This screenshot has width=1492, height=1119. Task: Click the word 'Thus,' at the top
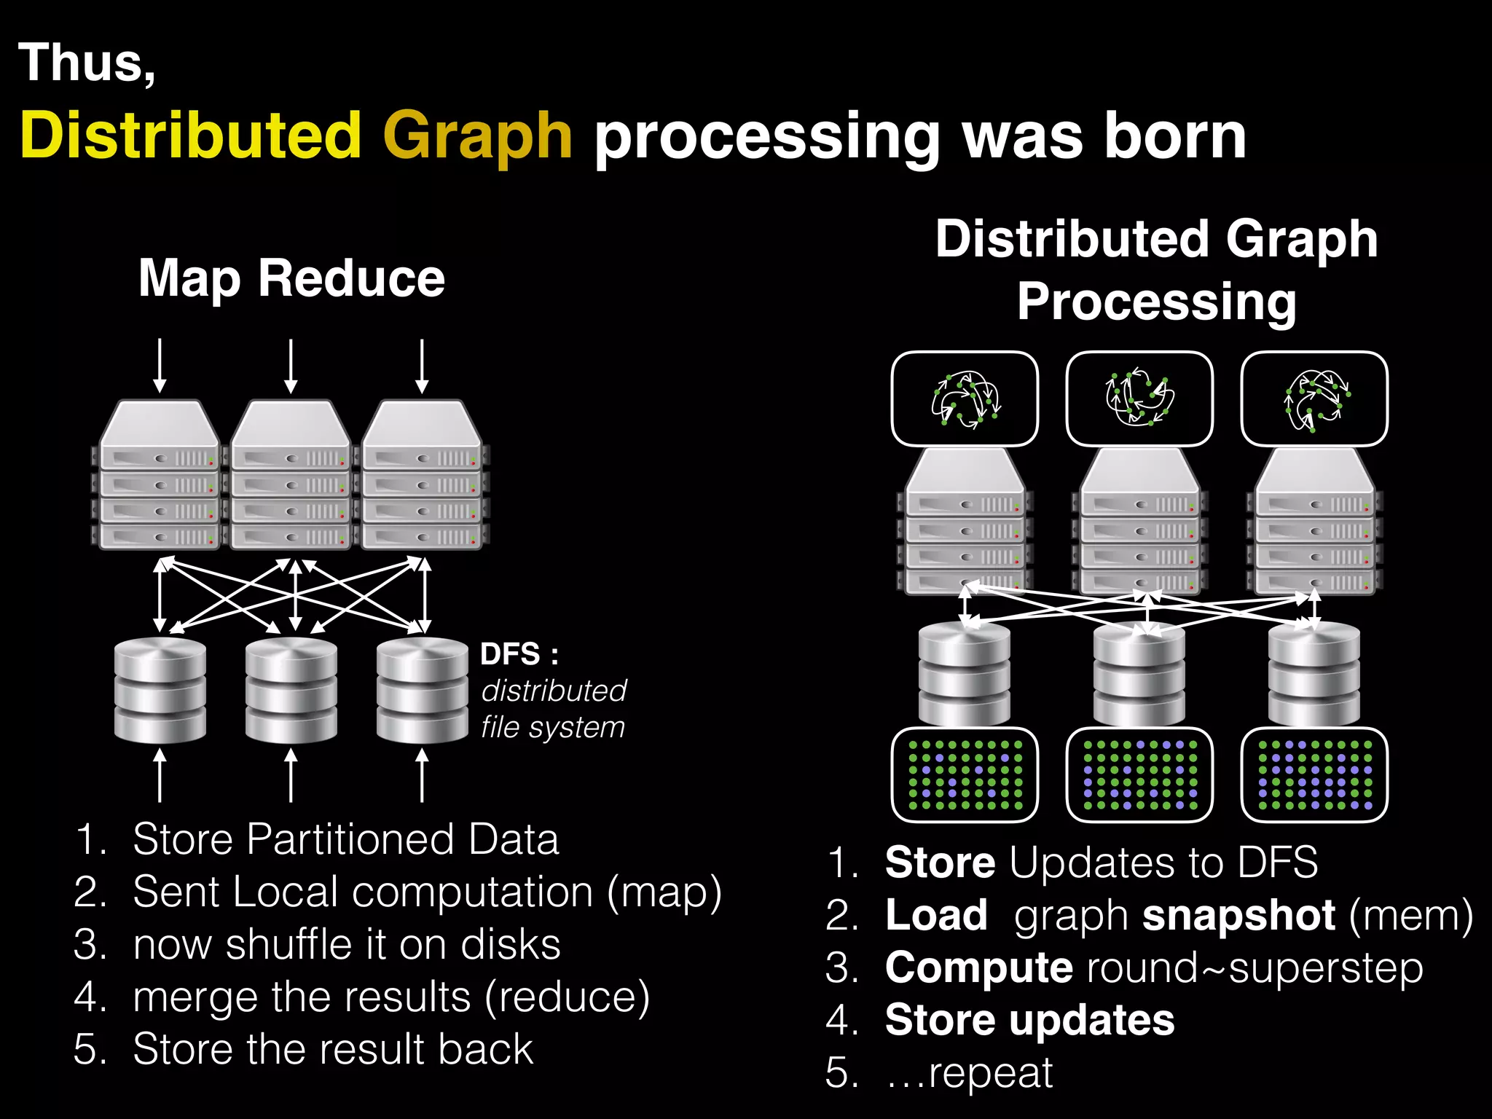tap(87, 64)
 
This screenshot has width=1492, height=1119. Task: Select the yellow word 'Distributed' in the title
tap(191, 136)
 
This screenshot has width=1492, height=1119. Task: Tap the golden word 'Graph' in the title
tap(477, 137)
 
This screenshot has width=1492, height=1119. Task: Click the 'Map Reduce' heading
tap(291, 279)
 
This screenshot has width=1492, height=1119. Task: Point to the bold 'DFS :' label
tap(519, 654)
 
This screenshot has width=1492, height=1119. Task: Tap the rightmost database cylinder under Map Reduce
tap(422, 689)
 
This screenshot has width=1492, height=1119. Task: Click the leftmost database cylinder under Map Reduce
tap(160, 689)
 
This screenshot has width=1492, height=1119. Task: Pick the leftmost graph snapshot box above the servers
tap(965, 399)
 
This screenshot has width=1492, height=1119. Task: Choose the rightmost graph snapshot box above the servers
tap(1314, 399)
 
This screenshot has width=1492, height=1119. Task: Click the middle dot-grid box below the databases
tap(1139, 774)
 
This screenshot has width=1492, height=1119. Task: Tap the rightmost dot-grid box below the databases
tap(1314, 774)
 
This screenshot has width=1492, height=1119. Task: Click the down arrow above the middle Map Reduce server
tap(291, 366)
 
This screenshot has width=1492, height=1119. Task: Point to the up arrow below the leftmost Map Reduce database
tap(160, 777)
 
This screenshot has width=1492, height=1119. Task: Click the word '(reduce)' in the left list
tap(568, 997)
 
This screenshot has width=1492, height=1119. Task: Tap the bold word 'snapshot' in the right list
tap(1239, 916)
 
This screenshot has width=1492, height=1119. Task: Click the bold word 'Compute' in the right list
tap(978, 968)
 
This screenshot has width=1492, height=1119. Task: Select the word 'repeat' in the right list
tap(991, 1073)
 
